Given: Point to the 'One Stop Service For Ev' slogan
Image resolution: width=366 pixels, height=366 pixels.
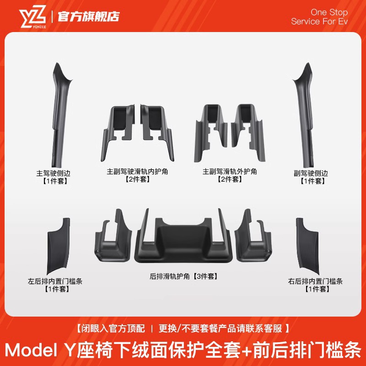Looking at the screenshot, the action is point(319,17).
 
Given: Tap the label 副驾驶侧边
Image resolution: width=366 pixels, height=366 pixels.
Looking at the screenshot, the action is point(311,173).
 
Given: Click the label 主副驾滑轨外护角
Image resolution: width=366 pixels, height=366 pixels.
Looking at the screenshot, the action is point(230,172).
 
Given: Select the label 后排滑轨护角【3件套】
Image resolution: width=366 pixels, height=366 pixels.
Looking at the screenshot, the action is point(183,276).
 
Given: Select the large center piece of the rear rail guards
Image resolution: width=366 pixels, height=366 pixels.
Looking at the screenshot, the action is point(183,240).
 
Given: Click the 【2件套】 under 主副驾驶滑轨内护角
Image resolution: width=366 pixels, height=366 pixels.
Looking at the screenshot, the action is point(138,179).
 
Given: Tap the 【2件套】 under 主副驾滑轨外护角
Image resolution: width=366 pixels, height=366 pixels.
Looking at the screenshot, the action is point(230,179).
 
